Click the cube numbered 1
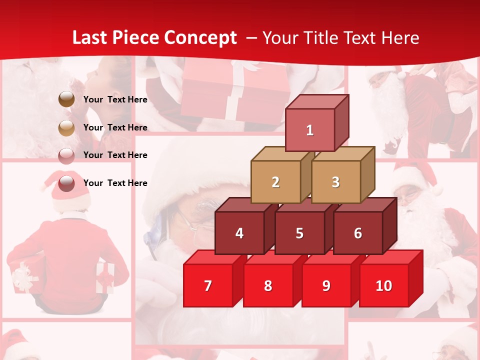pos(310,130)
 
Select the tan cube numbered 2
pos(275,182)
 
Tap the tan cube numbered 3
pos(335,182)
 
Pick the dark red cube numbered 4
pos(239,233)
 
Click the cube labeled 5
pos(299,233)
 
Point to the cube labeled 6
pos(358,233)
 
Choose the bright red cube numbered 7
pos(208,285)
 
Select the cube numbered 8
pos(268,285)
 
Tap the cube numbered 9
pos(326,285)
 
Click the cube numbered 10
pos(384,285)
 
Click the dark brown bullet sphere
pos(66,99)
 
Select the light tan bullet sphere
pos(66,127)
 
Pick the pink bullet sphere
pos(66,155)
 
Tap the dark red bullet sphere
pos(66,183)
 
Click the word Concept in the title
pos(200,38)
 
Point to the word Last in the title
pos(90,38)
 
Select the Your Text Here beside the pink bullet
pos(115,155)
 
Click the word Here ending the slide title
pos(400,38)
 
